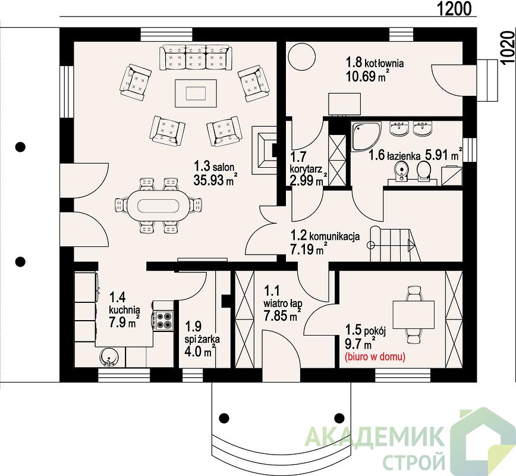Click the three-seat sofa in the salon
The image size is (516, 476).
(x=196, y=58)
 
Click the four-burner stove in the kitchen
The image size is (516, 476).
(x=163, y=320)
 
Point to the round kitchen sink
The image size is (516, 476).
(x=108, y=358)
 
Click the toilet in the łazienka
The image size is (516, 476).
(x=424, y=172)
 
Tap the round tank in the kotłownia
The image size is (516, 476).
(x=302, y=57)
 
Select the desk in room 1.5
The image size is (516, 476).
(x=413, y=315)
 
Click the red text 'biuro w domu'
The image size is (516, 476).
(x=375, y=357)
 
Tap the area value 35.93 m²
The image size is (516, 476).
(x=215, y=180)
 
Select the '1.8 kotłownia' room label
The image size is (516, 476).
(x=375, y=62)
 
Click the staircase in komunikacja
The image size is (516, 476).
(x=395, y=244)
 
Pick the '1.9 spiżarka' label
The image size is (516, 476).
(x=202, y=333)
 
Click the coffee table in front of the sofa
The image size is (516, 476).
(x=196, y=93)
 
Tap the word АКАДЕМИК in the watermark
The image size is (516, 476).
(x=374, y=437)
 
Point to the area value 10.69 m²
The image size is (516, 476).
(x=366, y=76)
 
